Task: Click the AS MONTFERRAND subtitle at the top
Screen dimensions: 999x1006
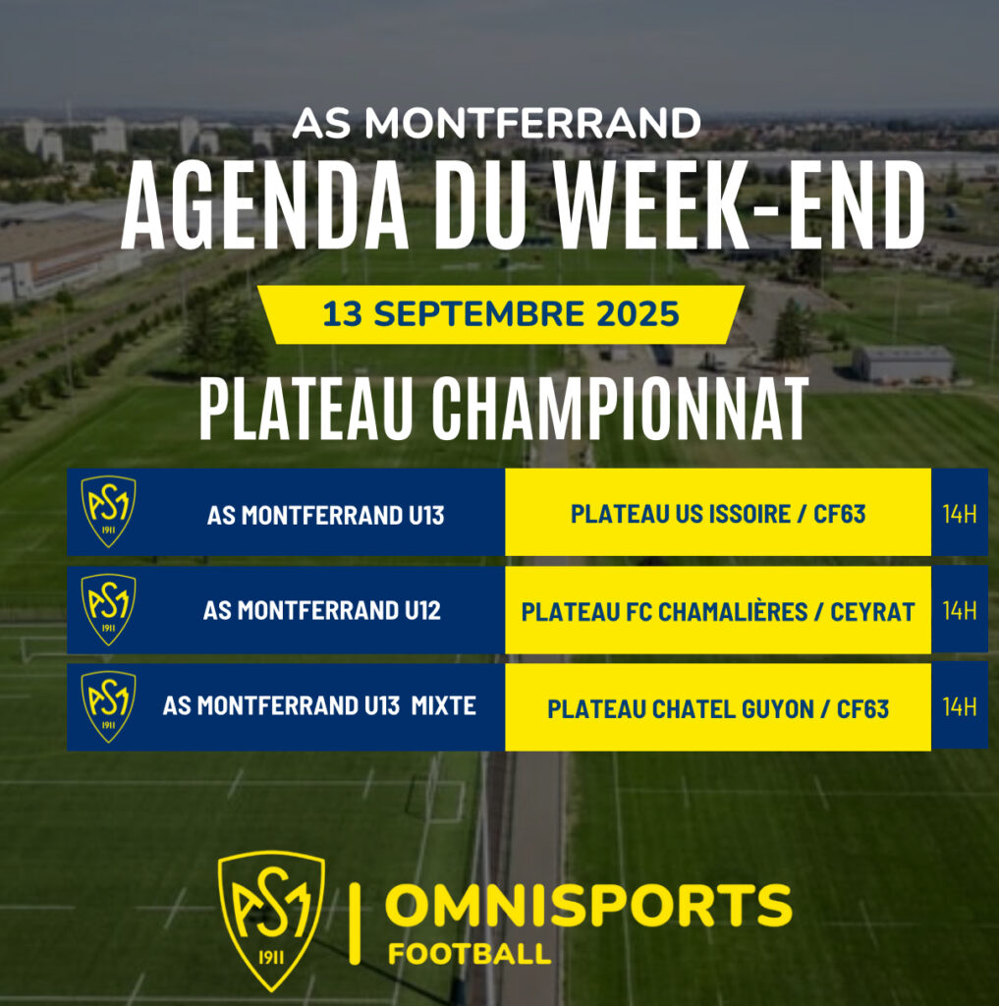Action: [496, 123]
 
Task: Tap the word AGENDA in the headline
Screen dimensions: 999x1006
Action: [264, 204]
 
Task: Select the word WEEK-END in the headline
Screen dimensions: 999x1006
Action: [740, 204]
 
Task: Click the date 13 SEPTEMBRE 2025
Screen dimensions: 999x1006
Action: [500, 314]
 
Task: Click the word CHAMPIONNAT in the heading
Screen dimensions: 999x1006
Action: [620, 410]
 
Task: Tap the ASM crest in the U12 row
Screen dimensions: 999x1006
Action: [108, 609]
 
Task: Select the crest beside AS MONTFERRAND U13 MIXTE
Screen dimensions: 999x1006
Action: [108, 706]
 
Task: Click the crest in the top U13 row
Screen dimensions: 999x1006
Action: [108, 511]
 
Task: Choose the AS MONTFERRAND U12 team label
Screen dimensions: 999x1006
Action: [322, 611]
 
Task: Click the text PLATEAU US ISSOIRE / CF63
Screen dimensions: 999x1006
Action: [718, 514]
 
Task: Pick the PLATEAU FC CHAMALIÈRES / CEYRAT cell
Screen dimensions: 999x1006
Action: [718, 611]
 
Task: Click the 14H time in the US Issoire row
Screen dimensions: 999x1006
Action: [960, 514]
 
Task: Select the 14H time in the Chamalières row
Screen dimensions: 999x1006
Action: [960, 611]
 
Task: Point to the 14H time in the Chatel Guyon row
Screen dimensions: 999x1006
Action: [960, 707]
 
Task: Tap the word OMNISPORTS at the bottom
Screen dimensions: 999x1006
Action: [588, 906]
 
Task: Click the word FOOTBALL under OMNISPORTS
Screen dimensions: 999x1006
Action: [470, 954]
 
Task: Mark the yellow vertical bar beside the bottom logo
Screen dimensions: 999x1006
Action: [355, 923]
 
